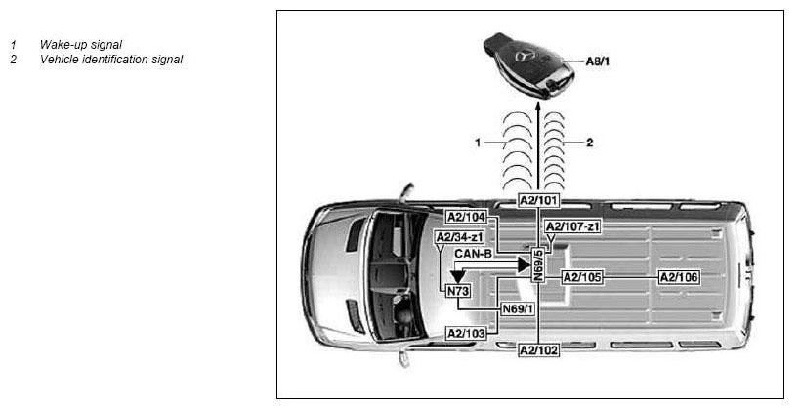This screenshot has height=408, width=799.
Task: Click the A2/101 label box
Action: (x=538, y=200)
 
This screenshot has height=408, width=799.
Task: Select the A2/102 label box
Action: (x=538, y=350)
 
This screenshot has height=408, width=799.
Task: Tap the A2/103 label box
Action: (x=466, y=334)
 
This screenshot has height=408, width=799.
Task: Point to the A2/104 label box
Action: (x=466, y=217)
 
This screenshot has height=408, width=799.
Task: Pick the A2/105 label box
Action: (x=582, y=277)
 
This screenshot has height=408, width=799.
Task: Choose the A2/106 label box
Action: (x=679, y=277)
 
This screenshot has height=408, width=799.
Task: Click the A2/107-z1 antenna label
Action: (x=572, y=226)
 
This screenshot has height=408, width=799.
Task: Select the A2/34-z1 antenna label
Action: (x=460, y=237)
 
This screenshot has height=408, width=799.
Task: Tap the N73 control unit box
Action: (x=458, y=291)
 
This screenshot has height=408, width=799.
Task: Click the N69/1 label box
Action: (x=519, y=308)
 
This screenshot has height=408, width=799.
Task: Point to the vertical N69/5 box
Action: (x=538, y=265)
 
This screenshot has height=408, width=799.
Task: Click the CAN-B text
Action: (x=474, y=253)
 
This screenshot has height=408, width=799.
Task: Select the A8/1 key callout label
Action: (x=597, y=61)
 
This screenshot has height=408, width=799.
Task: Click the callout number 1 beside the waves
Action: (x=478, y=143)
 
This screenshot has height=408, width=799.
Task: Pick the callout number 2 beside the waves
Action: (x=590, y=143)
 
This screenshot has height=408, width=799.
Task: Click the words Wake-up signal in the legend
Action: (x=81, y=45)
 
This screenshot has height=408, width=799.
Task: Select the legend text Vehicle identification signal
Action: (x=111, y=60)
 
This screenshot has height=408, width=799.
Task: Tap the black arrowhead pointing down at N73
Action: (x=458, y=276)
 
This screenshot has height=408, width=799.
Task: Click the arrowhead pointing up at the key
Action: (x=538, y=106)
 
